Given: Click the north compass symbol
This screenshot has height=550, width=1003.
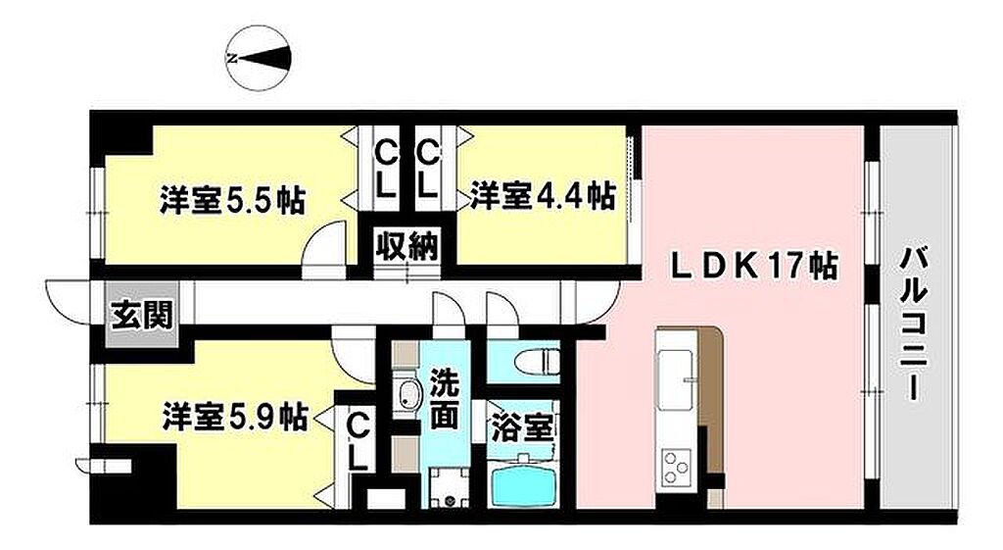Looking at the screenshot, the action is click(x=260, y=58).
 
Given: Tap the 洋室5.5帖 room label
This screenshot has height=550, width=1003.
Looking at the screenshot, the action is click(x=232, y=200).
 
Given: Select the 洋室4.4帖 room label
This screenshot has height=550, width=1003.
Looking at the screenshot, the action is click(x=543, y=195).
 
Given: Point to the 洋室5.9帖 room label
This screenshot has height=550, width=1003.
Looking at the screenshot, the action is click(x=235, y=417).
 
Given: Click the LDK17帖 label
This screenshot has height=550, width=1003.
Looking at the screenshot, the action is click(x=753, y=265).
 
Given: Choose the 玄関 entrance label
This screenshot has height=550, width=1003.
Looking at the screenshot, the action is click(x=142, y=315).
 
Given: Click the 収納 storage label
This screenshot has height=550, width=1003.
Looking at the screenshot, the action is click(x=406, y=245).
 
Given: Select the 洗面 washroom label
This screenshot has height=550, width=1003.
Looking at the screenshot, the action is click(x=444, y=399).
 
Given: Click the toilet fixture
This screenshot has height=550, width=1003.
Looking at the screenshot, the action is click(x=537, y=363).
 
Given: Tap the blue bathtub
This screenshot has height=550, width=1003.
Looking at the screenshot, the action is click(x=522, y=482).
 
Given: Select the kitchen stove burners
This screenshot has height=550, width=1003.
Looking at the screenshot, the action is click(x=677, y=466).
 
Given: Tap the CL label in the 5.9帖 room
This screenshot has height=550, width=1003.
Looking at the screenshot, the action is click(x=358, y=442).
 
